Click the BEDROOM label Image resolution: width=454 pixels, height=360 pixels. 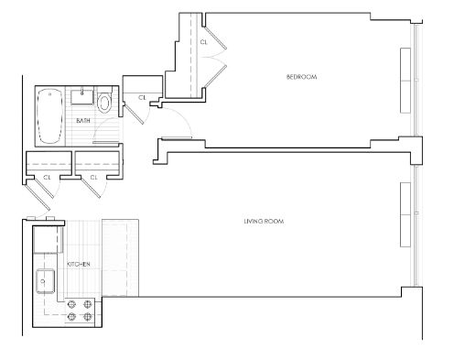[x=301, y=77]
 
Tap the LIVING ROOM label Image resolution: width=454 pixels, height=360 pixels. [x=264, y=221]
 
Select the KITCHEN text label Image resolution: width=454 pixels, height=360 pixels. [x=79, y=264]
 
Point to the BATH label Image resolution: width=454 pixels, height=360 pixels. [x=83, y=121]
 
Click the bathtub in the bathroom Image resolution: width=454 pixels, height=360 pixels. [x=49, y=116]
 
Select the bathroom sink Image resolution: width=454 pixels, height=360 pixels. [x=82, y=95]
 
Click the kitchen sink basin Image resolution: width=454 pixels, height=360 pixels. [x=46, y=281]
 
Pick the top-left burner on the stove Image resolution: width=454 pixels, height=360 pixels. [x=71, y=304]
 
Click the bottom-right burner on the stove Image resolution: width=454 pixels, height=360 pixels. [x=88, y=317]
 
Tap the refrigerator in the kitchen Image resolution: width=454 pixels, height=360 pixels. [x=45, y=240]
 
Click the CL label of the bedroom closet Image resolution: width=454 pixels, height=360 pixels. [x=204, y=42]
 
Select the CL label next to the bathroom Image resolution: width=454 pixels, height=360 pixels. [x=142, y=98]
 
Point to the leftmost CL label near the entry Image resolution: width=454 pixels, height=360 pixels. [x=47, y=177]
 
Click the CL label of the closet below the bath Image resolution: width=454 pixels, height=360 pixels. [x=93, y=177]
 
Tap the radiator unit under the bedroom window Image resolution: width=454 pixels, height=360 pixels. [x=405, y=81]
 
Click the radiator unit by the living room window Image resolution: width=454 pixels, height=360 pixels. [x=405, y=214]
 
